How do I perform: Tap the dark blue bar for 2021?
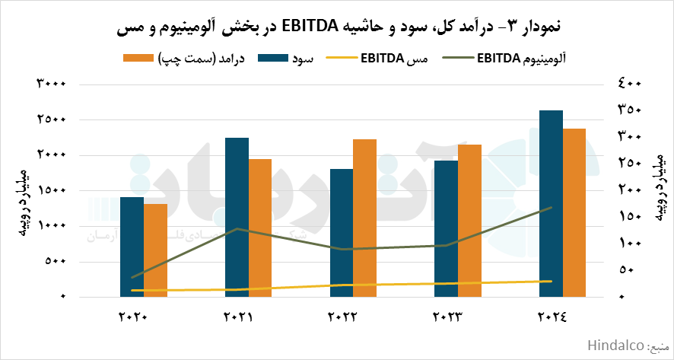click(237, 217)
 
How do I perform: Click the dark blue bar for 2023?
click(447, 228)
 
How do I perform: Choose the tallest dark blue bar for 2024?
click(551, 203)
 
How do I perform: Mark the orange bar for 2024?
click(574, 212)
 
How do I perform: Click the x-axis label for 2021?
click(237, 316)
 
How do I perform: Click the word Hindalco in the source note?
click(615, 346)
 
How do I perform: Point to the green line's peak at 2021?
click(238, 228)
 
